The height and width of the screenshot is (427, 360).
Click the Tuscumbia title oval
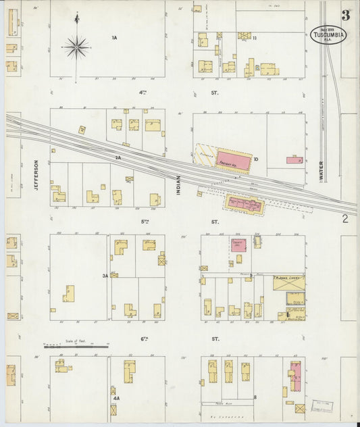(329, 34)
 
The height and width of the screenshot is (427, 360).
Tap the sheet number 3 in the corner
(345, 15)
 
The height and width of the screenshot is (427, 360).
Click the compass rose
(77, 47)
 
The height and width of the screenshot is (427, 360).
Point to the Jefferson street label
(36, 174)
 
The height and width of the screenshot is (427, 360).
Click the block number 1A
(115, 38)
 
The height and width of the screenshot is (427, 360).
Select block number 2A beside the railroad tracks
(118, 157)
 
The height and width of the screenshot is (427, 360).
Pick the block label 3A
(105, 276)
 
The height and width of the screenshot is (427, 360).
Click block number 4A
(116, 399)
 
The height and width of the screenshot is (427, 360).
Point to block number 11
(255, 38)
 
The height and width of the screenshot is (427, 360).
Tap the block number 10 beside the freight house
(256, 159)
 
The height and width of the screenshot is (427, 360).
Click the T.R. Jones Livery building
(288, 282)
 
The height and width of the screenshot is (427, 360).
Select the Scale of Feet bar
(76, 347)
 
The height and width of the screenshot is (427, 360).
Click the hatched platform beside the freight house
(205, 156)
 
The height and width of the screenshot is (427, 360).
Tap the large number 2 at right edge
(344, 218)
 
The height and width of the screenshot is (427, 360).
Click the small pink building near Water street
(294, 160)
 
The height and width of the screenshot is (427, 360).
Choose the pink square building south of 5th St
(238, 245)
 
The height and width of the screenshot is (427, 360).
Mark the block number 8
(255, 396)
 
